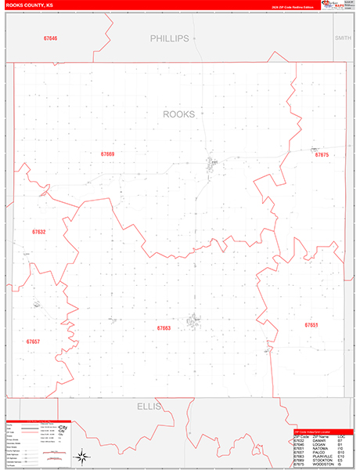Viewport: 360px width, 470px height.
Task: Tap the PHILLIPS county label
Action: pyautogui.click(x=170, y=38)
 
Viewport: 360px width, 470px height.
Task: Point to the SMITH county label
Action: pyautogui.click(x=343, y=38)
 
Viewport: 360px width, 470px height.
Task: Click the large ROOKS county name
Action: pyautogui.click(x=178, y=114)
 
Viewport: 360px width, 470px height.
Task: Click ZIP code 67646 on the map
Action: pyautogui.click(x=51, y=38)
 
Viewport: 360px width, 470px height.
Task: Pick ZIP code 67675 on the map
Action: pyautogui.click(x=321, y=155)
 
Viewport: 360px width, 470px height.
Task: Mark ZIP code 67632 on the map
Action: pyautogui.click(x=39, y=232)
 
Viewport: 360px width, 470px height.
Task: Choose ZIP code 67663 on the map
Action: pyautogui.click(x=164, y=328)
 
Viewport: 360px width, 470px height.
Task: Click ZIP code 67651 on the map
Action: pyautogui.click(x=311, y=324)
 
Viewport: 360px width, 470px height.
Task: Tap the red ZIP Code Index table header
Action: pyautogui.click(x=322, y=432)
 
